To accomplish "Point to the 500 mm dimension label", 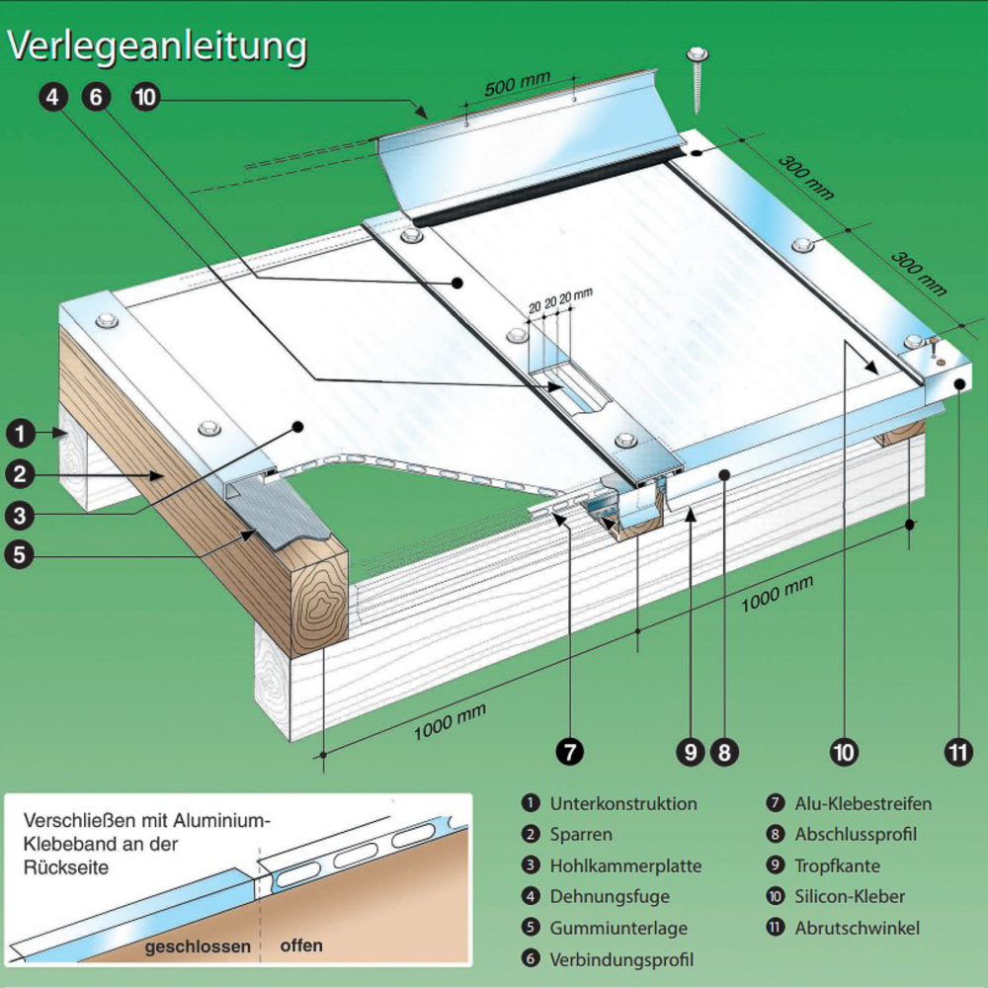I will click(x=514, y=85).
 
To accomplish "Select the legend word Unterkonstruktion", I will click(x=623, y=803).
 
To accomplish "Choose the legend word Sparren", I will click(x=581, y=835).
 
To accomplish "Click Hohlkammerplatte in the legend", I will click(x=625, y=866).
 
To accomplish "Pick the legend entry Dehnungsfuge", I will click(x=610, y=897).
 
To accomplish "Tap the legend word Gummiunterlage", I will click(x=618, y=929).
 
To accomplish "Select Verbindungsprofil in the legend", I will click(x=621, y=959).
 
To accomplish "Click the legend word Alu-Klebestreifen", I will click(x=864, y=803).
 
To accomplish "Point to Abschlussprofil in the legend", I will click(x=856, y=835).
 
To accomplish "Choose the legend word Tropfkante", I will click(x=837, y=866).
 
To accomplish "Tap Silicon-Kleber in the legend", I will click(x=850, y=897).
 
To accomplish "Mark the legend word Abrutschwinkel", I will click(x=857, y=929).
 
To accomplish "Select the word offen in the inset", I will click(x=301, y=946).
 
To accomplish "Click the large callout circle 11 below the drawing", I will click(x=957, y=752).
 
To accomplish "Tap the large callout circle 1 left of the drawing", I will click(x=20, y=432).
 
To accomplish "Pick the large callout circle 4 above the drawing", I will click(x=54, y=97).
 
